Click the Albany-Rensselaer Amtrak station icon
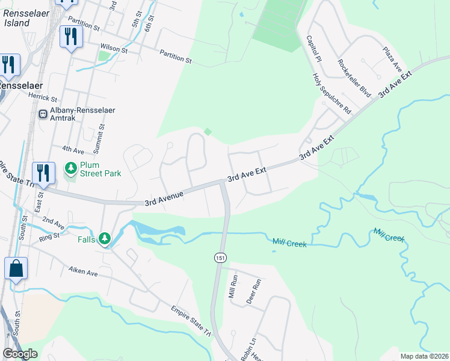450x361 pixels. coord(43,114)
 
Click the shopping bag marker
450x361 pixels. coord(16,269)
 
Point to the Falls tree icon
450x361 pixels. coord(105,239)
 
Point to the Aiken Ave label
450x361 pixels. coord(82,273)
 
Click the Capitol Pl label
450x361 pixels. coord(315,49)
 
